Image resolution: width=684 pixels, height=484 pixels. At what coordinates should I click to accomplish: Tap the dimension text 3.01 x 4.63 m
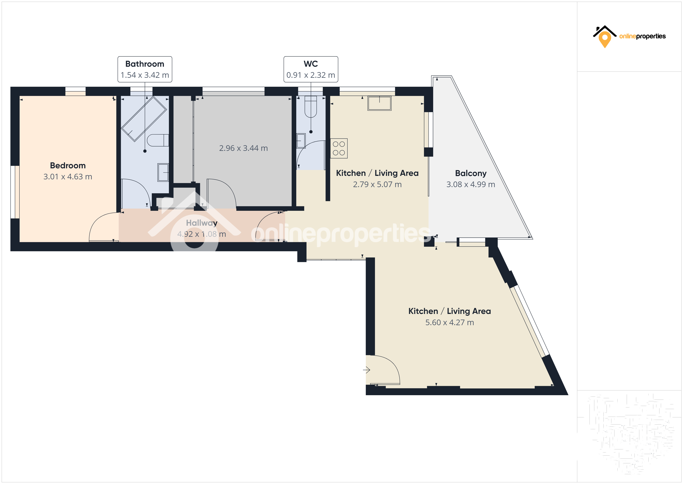coord(68,177)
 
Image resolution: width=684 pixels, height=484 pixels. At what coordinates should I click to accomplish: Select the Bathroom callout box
coord(145,69)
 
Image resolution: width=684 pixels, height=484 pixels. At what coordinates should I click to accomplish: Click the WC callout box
coord(311,69)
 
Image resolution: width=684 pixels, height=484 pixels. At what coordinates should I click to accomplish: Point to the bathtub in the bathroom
coord(144,119)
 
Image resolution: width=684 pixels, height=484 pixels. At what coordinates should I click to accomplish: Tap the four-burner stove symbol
coord(339,148)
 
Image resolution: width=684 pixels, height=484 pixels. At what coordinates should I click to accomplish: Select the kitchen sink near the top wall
coord(379,103)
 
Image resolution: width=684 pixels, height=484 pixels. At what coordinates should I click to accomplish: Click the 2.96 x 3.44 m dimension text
coord(243,148)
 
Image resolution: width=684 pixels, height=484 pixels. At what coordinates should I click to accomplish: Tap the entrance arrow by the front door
coord(366,370)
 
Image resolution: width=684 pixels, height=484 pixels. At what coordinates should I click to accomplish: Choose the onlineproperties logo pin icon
coord(605,39)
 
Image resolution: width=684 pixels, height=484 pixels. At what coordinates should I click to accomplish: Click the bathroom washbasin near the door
coord(163,172)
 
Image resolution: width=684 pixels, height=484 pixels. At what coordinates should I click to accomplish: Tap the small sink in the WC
coord(301,141)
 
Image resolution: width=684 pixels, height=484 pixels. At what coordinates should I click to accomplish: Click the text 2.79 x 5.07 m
coord(377,184)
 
